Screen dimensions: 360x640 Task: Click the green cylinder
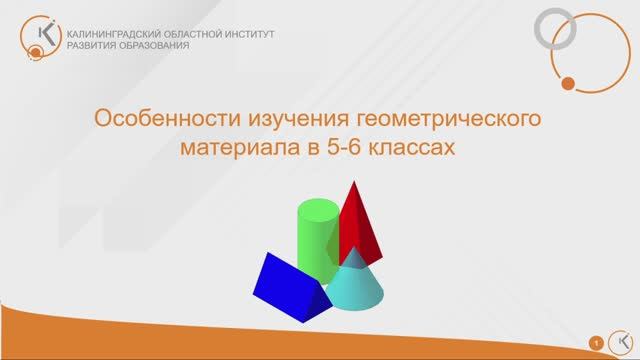(317, 240)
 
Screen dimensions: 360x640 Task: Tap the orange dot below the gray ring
(568, 83)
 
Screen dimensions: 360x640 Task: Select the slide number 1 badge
(596, 342)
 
